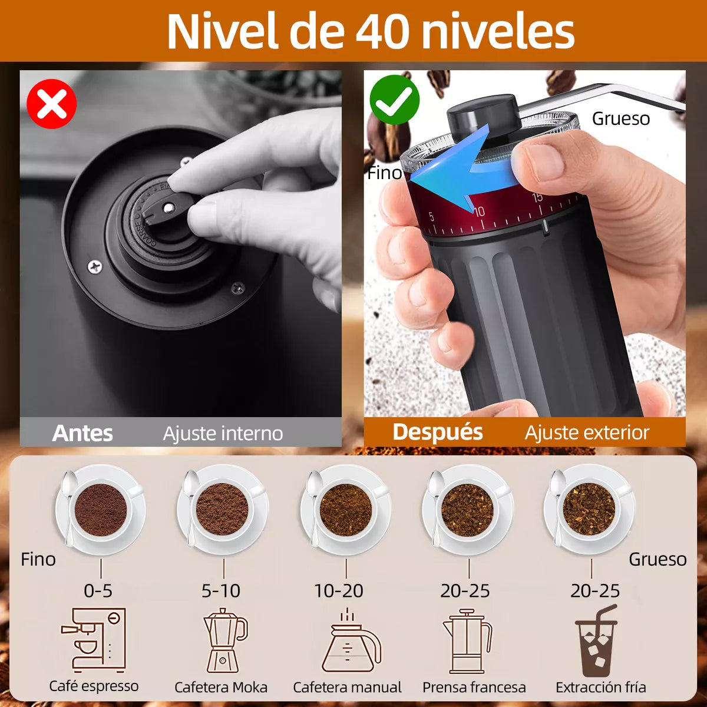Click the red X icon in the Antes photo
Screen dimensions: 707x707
coord(52,104)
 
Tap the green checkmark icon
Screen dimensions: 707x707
coord(394,100)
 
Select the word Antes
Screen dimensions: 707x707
coord(82,433)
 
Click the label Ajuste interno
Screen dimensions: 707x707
coord(223,434)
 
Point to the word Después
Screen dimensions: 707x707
coord(437,432)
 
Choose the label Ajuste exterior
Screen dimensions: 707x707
coord(587,433)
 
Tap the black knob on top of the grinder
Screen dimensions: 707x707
coord(484,115)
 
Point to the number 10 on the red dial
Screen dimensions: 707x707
coord(479,211)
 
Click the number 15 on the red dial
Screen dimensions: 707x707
coord(537,198)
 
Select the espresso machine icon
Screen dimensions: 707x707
coord(94,640)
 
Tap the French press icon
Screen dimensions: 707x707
coord(467,641)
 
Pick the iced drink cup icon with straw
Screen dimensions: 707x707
coord(596,641)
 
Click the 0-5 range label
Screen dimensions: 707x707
coord(98,590)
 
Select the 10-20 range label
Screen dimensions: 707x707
coord(339,590)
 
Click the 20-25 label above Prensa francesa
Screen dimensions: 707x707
coord(465,590)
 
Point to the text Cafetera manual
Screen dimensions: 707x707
coord(347,687)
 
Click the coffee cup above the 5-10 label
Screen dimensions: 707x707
coord(222,508)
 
